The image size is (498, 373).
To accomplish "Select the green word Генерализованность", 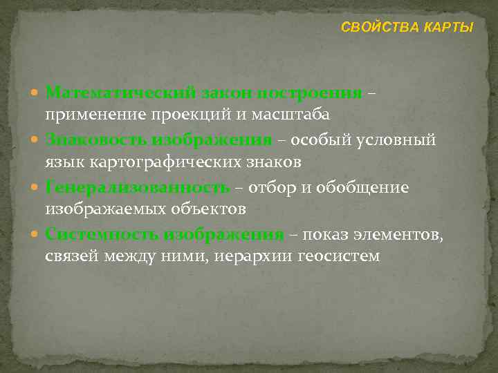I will [x=137, y=187].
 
